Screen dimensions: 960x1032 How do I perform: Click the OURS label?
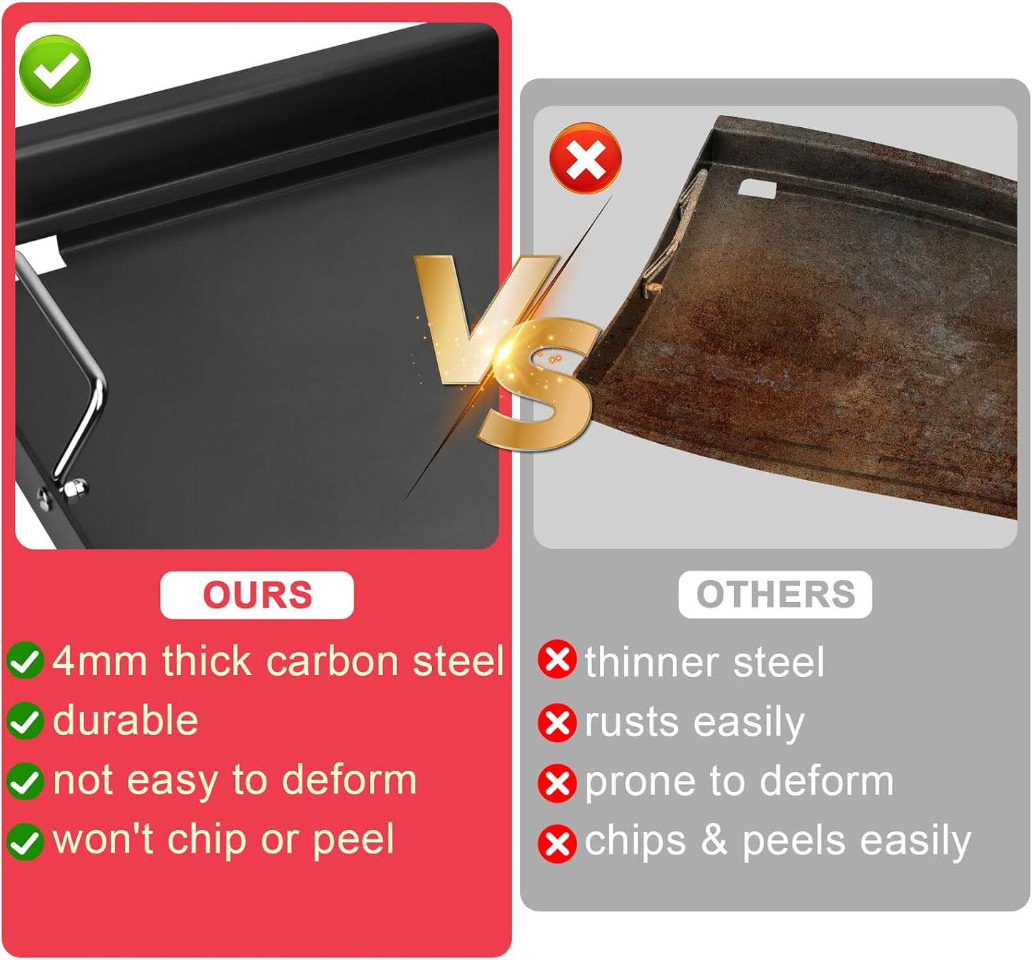[x=257, y=595]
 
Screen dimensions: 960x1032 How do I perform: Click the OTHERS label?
[x=775, y=594]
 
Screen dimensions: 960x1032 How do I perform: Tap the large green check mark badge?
[x=54, y=70]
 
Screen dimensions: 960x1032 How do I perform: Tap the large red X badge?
[x=585, y=158]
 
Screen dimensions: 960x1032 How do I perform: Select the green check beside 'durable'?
[x=25, y=721]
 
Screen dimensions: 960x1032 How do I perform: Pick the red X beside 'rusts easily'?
[x=557, y=723]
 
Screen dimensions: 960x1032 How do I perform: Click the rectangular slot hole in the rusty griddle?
[x=757, y=190]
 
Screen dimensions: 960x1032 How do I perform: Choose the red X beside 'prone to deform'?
[x=557, y=783]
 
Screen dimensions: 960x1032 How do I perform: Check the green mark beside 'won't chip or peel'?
[x=25, y=841]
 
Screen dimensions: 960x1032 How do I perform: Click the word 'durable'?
[x=126, y=720]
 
